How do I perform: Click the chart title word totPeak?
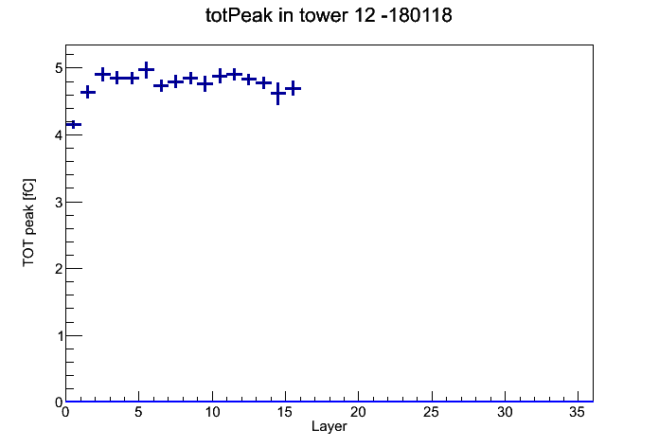click(x=239, y=16)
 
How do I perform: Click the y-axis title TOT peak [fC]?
click(x=29, y=223)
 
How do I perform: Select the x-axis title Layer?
click(x=329, y=426)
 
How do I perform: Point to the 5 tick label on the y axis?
click(x=59, y=67)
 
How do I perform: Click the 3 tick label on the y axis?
click(x=59, y=203)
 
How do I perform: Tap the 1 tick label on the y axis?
click(x=59, y=336)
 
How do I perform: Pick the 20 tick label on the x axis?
click(x=358, y=412)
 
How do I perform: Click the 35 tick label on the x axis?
click(x=578, y=412)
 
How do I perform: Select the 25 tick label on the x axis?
click(x=431, y=412)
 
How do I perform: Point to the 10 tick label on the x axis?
click(x=212, y=412)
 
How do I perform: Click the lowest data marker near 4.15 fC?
click(x=74, y=124)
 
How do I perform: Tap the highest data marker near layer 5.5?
click(x=146, y=70)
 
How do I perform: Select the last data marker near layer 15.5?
click(x=293, y=88)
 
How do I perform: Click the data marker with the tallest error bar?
click(x=277, y=94)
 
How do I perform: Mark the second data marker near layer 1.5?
click(x=88, y=92)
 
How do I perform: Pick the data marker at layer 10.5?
click(x=220, y=76)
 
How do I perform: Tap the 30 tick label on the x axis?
click(x=505, y=412)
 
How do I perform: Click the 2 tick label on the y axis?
click(x=59, y=269)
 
